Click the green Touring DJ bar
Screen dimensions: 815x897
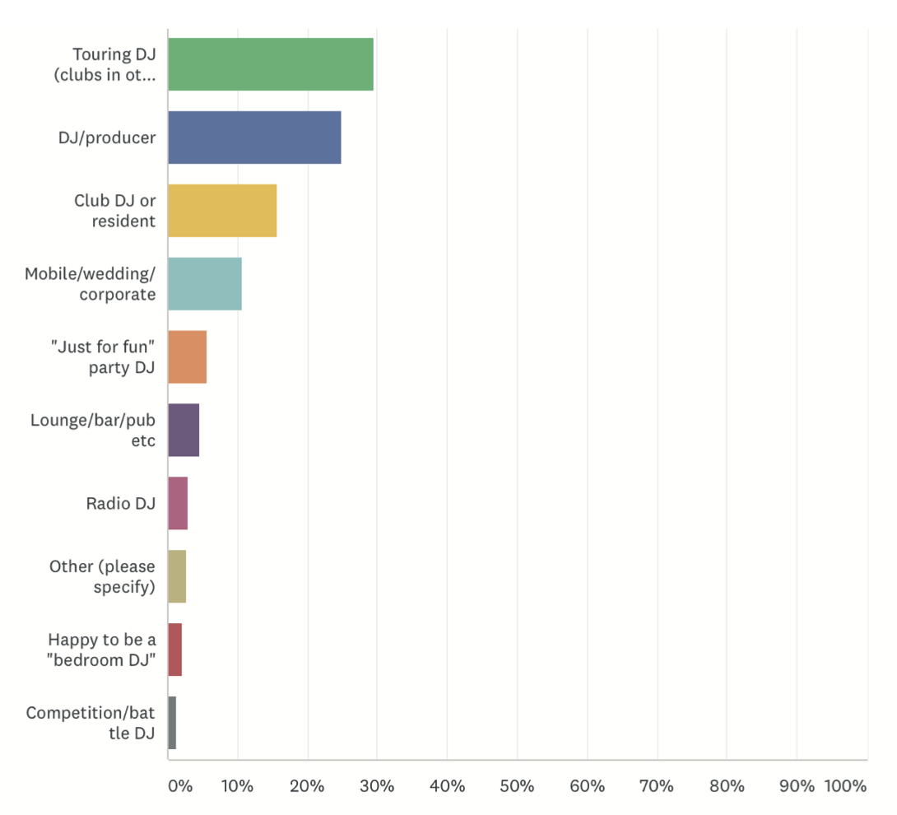[x=271, y=64]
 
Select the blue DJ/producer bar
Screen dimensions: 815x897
[x=254, y=137]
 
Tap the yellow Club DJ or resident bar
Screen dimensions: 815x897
[x=222, y=211]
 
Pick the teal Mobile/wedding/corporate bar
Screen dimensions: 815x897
[x=205, y=284]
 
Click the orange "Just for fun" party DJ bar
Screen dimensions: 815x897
[x=188, y=356]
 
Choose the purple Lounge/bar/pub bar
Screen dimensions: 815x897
[x=184, y=430]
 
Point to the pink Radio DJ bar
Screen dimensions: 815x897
[x=178, y=503]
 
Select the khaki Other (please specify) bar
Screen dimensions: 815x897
[x=177, y=576]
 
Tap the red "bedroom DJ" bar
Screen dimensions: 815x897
[x=175, y=650]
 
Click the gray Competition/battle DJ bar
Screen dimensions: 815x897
[x=172, y=723]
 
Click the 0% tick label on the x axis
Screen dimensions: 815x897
[x=180, y=786]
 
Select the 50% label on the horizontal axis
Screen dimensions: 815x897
[x=517, y=786]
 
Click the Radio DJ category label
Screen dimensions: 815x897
[x=120, y=503]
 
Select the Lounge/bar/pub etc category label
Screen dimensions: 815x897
[x=93, y=430]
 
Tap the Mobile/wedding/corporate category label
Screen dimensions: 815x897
[x=90, y=284]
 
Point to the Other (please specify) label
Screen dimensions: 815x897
[x=102, y=576]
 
